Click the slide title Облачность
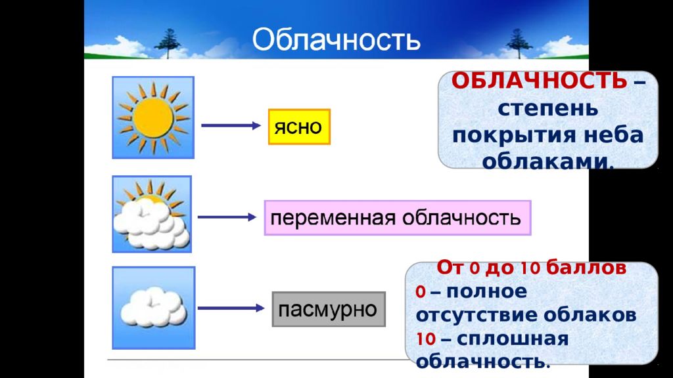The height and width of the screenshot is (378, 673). pyautogui.click(x=336, y=40)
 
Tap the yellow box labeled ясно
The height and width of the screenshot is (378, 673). pyautogui.click(x=299, y=127)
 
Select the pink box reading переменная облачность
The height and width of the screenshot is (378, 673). pyautogui.click(x=398, y=218)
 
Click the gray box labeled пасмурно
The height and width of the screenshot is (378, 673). pyautogui.click(x=329, y=309)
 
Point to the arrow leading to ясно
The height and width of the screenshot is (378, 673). pyautogui.click(x=231, y=125)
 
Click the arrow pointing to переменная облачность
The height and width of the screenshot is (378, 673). pyautogui.click(x=227, y=217)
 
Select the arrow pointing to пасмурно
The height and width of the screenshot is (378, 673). pyautogui.click(x=231, y=308)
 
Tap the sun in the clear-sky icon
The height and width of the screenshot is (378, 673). pyautogui.click(x=153, y=117)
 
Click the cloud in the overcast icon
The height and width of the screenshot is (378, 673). pyautogui.click(x=154, y=307)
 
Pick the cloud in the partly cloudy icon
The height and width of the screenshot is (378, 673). pyautogui.click(x=151, y=225)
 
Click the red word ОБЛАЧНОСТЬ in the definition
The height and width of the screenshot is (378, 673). pyautogui.click(x=539, y=81)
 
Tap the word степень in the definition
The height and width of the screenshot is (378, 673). pyautogui.click(x=547, y=108)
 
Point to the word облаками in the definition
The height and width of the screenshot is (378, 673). pyautogui.click(x=547, y=161)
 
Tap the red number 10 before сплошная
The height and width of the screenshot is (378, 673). pyautogui.click(x=426, y=339)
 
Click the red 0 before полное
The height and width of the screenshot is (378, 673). pyautogui.click(x=420, y=292)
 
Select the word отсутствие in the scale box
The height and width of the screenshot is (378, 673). pyautogui.click(x=477, y=315)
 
